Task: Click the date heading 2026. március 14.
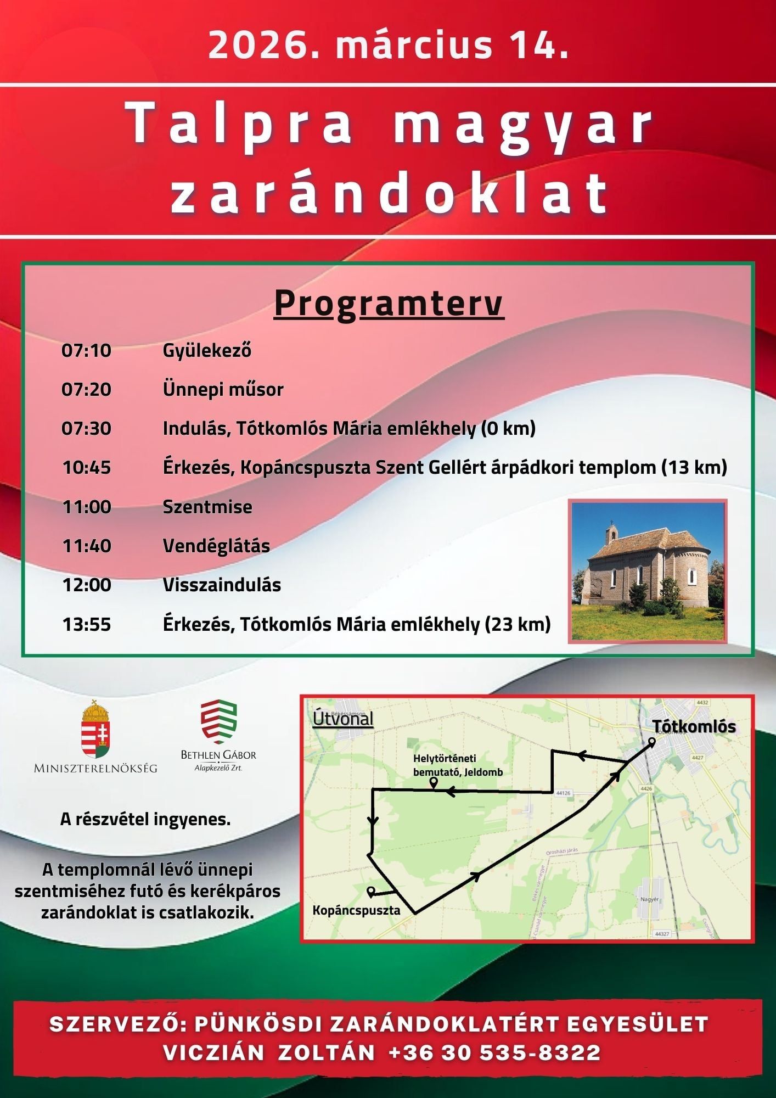point(388,45)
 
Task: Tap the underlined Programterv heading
point(389,304)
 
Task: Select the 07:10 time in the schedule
point(86,350)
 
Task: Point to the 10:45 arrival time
point(86,468)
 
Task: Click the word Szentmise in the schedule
point(207,507)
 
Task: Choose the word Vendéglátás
point(216,546)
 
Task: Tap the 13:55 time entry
point(86,624)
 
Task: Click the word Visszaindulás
point(222,585)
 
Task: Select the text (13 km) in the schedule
point(694,468)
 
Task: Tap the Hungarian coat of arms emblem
point(96,730)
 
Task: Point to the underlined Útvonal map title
point(343,719)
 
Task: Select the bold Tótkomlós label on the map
point(694,726)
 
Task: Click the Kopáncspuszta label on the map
point(356,910)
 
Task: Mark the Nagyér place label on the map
point(649,899)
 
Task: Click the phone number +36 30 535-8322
point(494,1052)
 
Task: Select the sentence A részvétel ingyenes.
point(145,819)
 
